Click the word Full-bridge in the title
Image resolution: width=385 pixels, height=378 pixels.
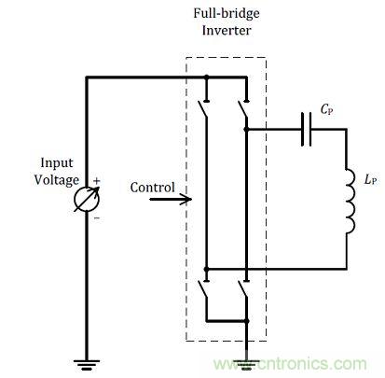pos(227,13)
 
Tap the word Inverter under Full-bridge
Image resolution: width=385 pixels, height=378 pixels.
pos(227,31)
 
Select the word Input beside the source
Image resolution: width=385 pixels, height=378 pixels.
pos(57,163)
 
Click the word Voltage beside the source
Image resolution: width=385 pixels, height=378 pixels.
pos(57,180)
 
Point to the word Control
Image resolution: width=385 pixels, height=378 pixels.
pos(152,188)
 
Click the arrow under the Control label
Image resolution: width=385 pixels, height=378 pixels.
pos(171,199)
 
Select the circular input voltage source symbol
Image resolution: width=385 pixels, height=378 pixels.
pos(87,199)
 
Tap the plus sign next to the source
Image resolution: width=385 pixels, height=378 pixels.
pos(97,181)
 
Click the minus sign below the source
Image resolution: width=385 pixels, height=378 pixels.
pos(97,218)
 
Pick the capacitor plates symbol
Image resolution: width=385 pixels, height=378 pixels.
pos(306,129)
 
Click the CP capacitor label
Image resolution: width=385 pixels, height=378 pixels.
pos(326,109)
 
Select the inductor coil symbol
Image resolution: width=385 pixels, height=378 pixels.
pos(350,202)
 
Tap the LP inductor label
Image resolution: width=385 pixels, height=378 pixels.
pos(371,180)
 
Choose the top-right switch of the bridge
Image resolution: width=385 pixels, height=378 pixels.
pos(243,108)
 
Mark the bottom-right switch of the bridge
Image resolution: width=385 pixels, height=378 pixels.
pos(243,289)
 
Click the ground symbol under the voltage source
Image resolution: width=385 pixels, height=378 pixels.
pos(87,365)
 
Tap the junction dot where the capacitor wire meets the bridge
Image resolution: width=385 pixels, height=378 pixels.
pos(246,129)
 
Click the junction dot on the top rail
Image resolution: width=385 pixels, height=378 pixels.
pos(206,77)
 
